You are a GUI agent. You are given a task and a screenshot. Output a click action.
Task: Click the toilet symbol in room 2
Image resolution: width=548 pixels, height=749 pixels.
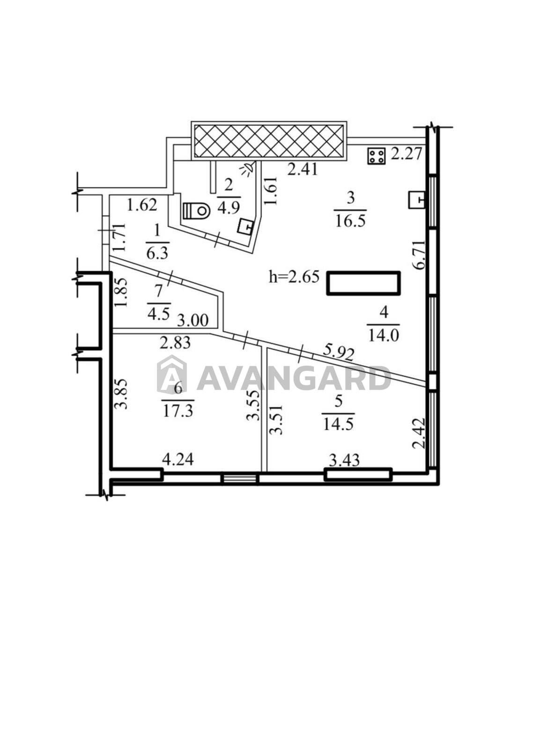196,210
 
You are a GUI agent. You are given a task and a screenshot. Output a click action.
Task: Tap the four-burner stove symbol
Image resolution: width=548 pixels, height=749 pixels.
377,156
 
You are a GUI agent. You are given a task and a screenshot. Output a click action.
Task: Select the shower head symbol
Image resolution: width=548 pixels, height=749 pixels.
248,168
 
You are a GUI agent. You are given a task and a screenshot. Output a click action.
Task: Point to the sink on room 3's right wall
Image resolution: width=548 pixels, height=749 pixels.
416,199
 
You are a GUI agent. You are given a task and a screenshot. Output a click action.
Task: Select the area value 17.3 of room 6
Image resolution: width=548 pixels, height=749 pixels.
178,411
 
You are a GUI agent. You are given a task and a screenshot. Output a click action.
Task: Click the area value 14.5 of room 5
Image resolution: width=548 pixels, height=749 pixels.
338,424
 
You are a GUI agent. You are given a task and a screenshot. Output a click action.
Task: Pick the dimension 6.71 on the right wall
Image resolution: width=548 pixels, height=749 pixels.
419,255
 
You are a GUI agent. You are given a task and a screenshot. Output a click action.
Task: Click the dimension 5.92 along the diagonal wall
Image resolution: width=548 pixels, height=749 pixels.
338,353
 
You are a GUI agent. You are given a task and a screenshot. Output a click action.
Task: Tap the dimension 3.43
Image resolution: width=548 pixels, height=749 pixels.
344,460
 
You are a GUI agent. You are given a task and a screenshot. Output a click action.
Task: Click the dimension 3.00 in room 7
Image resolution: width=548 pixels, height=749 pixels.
193,320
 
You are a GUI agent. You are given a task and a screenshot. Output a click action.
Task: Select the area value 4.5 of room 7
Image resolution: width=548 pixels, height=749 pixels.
159,315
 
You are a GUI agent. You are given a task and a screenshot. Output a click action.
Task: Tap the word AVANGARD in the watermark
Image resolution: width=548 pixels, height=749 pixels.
294,378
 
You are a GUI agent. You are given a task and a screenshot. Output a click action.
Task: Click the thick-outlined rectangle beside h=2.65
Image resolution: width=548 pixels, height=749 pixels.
363,283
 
